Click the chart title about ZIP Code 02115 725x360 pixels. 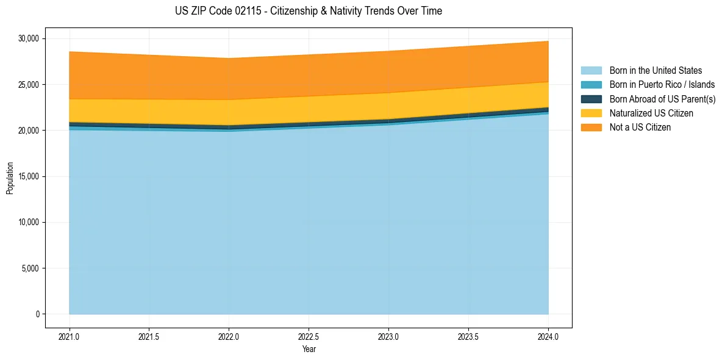[x=308, y=11]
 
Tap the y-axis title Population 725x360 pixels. [x=10, y=178]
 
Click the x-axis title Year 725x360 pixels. [x=309, y=349]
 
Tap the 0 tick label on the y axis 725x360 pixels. [x=37, y=314]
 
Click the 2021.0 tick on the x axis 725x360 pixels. [x=70, y=336]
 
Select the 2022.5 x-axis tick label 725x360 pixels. [x=309, y=336]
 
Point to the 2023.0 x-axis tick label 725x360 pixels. [x=388, y=336]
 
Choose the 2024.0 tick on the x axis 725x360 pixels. [x=548, y=336]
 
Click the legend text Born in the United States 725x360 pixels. [x=655, y=71]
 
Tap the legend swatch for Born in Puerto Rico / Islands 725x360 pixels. [x=591, y=85]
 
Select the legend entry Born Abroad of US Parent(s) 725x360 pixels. [x=662, y=99]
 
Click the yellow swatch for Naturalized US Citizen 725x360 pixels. [x=591, y=113]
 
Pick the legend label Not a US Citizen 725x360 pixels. [x=640, y=128]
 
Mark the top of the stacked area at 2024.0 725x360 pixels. [x=548, y=41]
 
